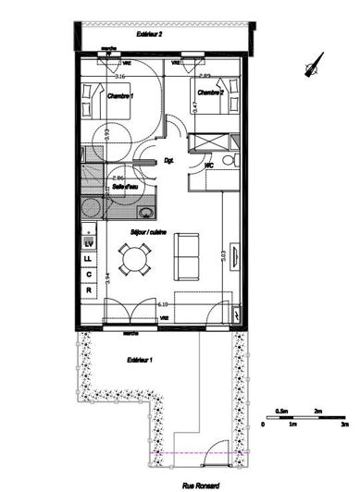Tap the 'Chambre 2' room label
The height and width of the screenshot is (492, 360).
point(211,92)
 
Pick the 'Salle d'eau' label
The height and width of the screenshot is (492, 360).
point(126,188)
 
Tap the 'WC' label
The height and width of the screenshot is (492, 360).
point(210,165)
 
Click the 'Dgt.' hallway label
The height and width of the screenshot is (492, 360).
point(169,161)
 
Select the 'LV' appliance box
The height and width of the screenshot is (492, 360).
point(89,242)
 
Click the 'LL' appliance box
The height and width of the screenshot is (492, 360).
point(89,258)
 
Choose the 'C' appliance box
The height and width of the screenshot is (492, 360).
point(89,274)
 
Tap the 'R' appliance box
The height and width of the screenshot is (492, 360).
point(89,289)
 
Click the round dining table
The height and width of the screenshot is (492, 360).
point(136,260)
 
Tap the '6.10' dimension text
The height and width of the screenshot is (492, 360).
point(162,303)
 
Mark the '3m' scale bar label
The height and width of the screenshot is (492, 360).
point(344,423)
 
